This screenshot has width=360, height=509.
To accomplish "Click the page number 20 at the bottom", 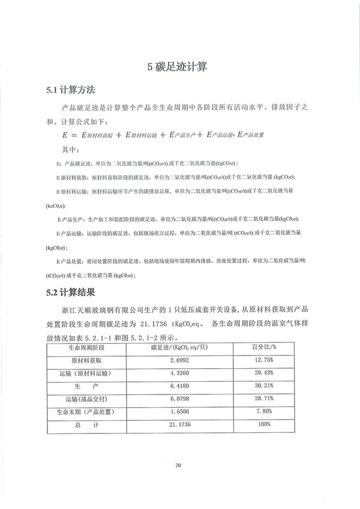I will click(x=178, y=465).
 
